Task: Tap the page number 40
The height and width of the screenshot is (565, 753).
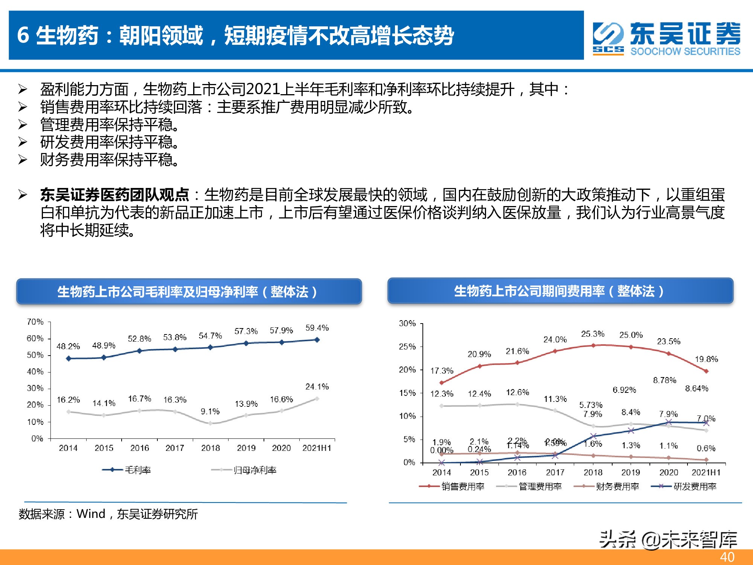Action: pyautogui.click(x=727, y=557)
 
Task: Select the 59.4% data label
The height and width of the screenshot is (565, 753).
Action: pyautogui.click(x=317, y=328)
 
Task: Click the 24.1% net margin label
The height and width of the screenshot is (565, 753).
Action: pyautogui.click(x=317, y=387)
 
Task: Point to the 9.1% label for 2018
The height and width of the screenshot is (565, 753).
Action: pyautogui.click(x=210, y=411)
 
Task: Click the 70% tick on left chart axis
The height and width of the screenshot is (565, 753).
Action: pyautogui.click(x=35, y=322)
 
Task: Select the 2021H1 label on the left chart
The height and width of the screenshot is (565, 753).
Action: pyautogui.click(x=317, y=448)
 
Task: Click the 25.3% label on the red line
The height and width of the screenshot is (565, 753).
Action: pyautogui.click(x=593, y=334)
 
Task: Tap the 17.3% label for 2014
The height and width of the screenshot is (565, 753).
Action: pyautogui.click(x=442, y=371)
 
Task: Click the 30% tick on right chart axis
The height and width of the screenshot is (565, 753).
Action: pyautogui.click(x=407, y=324)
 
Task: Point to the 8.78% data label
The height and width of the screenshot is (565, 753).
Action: pyautogui.click(x=665, y=380)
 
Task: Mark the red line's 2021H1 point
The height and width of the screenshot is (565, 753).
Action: pyautogui.click(x=706, y=371)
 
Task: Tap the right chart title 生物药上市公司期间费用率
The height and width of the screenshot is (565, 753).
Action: pyautogui.click(x=559, y=291)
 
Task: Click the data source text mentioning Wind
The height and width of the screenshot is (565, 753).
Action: pyautogui.click(x=108, y=514)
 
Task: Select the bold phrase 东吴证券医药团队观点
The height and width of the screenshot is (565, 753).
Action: pyautogui.click(x=114, y=195)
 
